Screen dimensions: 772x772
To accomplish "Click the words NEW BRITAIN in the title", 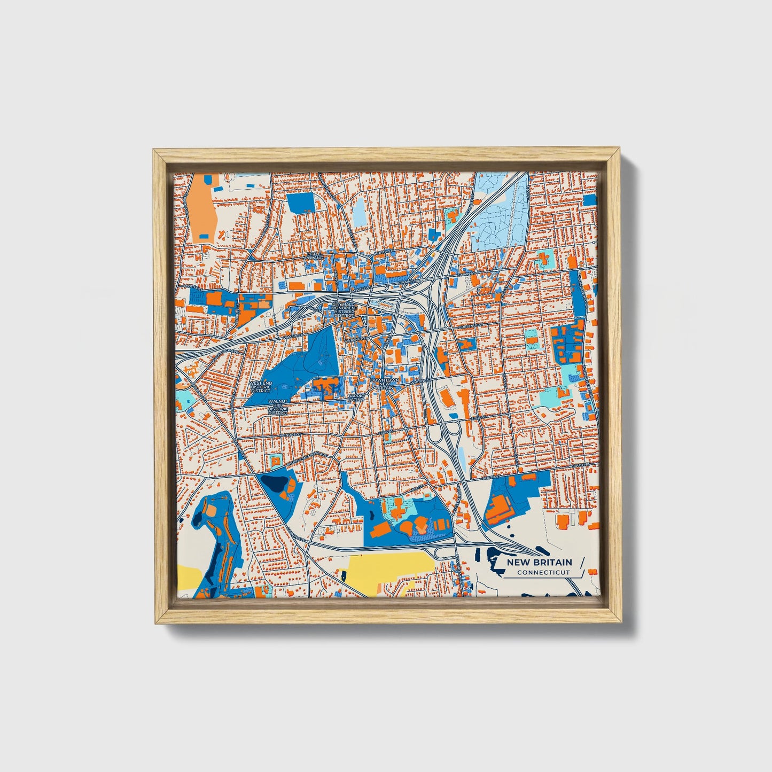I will pos(539,562).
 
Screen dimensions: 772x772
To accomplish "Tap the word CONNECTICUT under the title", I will pos(543,572).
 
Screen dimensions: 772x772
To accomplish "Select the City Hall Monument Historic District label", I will pos(344,309).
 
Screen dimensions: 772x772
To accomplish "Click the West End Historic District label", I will pos(261,387).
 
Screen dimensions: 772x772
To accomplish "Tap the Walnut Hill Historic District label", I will pos(278,407).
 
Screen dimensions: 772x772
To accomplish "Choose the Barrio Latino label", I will pos(356,397).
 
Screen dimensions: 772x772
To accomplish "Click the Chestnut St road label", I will pos(471,325).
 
